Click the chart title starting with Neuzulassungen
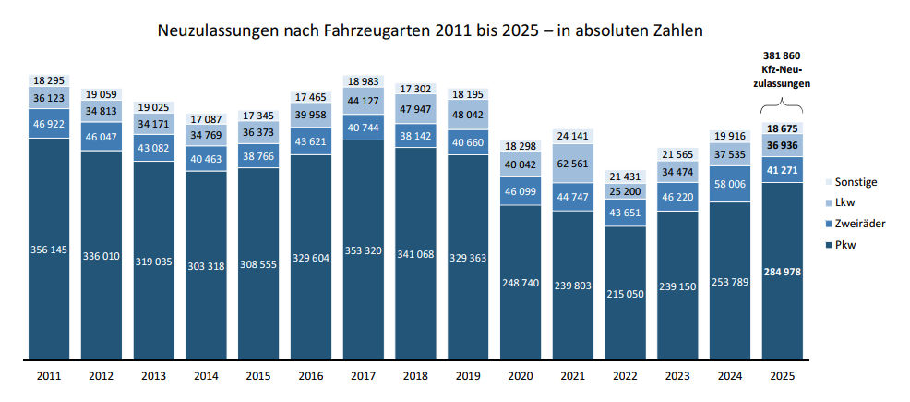point(431,30)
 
